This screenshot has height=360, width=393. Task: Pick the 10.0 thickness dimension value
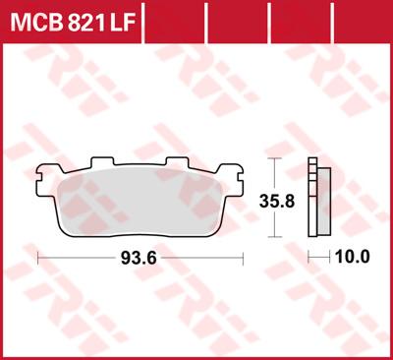tap(352, 259)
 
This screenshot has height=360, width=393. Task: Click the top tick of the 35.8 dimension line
tap(276, 158)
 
